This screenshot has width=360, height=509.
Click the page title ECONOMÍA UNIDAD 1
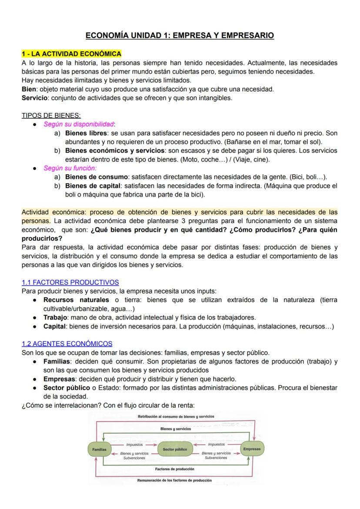click(x=180, y=35)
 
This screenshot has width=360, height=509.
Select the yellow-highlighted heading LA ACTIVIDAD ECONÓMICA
click(x=71, y=54)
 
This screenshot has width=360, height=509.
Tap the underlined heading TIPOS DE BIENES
click(x=51, y=115)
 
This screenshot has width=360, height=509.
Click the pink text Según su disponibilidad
click(x=79, y=124)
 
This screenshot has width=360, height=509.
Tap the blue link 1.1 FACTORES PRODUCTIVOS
click(x=70, y=282)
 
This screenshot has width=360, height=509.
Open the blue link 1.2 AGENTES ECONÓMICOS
click(x=67, y=343)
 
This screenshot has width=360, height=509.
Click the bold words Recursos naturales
click(x=76, y=300)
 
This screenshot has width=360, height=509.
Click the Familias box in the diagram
click(x=100, y=449)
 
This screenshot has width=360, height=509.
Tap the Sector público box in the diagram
click(x=175, y=449)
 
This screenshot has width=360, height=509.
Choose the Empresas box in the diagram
click(x=252, y=449)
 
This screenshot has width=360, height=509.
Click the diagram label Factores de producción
click(x=175, y=469)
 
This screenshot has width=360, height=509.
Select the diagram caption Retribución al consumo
click(x=176, y=416)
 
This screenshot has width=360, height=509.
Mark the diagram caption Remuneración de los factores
click(x=175, y=480)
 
